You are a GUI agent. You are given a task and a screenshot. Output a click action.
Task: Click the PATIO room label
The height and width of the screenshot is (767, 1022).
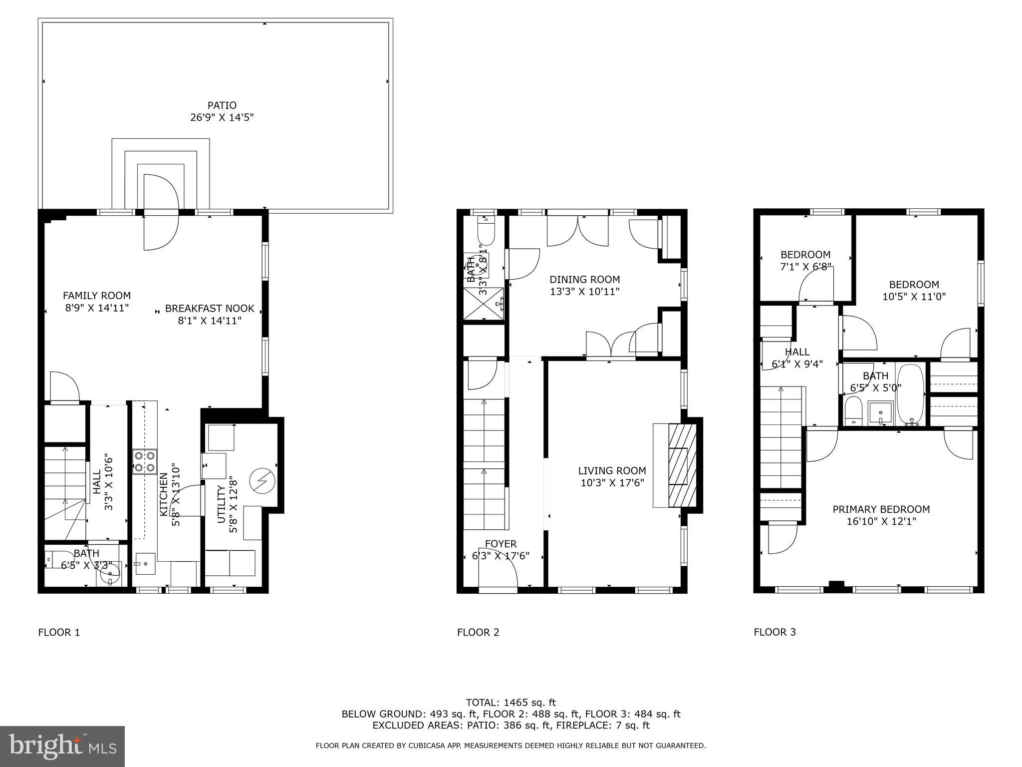[x=222, y=105]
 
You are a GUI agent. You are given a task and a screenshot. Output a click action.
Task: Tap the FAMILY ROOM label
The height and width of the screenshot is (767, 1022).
[x=97, y=296]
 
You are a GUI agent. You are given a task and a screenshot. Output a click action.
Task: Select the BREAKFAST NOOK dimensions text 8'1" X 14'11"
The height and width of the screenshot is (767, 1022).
[x=210, y=321]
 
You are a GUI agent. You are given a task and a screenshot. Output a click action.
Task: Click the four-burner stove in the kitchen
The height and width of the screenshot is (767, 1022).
[x=145, y=462]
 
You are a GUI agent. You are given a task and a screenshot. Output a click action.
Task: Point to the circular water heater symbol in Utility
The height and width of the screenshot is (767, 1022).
[x=262, y=481]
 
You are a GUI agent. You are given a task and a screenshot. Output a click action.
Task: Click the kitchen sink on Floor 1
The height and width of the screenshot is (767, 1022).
[x=145, y=563]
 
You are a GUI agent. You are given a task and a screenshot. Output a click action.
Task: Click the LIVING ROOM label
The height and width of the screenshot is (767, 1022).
[x=612, y=470]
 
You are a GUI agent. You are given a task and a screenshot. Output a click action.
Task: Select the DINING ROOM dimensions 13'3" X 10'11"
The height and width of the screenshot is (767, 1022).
[x=584, y=292]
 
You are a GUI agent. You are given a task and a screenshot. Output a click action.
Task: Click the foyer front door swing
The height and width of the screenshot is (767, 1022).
[x=498, y=574]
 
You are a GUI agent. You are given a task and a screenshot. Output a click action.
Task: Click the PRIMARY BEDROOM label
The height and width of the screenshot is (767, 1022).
[x=881, y=509]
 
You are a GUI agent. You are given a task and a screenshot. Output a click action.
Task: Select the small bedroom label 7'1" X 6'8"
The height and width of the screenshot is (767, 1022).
[x=805, y=267]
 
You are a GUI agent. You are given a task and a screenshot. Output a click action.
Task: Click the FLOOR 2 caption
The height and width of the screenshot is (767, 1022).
[x=478, y=632]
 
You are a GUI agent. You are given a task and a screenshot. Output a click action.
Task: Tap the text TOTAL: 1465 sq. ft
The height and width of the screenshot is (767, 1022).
[x=511, y=703]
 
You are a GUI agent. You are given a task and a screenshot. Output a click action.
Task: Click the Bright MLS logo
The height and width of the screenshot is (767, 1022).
[x=62, y=746]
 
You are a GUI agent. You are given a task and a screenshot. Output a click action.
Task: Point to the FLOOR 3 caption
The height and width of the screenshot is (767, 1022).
[x=774, y=632]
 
